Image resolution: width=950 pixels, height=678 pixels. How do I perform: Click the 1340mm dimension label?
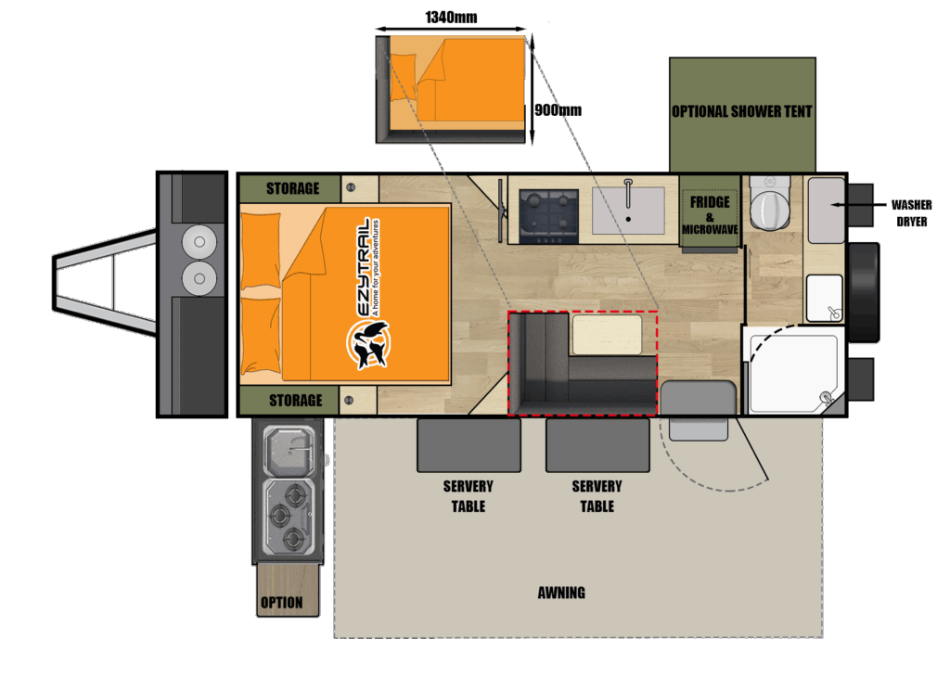tap(451, 17)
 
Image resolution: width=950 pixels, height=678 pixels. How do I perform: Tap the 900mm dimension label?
tap(558, 110)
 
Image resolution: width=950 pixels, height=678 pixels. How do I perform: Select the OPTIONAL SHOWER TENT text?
tap(741, 111)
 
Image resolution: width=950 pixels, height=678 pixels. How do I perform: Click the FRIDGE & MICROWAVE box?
tap(710, 211)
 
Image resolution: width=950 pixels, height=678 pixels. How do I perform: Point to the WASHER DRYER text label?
tap(911, 213)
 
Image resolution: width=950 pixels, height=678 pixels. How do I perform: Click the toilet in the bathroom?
tap(769, 203)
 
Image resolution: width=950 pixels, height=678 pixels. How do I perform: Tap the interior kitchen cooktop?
tap(549, 216)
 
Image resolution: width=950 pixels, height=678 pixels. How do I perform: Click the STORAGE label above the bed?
tap(292, 188)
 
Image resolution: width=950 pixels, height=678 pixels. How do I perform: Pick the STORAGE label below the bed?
tap(296, 401)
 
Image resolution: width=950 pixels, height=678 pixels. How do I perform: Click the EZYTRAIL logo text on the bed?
tap(363, 267)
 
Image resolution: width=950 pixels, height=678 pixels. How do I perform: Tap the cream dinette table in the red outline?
tap(607, 335)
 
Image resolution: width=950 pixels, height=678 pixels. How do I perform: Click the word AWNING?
tap(561, 593)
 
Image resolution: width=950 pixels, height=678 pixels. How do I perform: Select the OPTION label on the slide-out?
tap(282, 602)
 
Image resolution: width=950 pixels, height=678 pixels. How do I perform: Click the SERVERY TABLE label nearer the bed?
tap(469, 496)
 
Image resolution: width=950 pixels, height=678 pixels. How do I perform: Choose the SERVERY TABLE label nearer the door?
tap(597, 496)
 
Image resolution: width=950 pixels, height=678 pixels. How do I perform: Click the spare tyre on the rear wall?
tap(865, 293)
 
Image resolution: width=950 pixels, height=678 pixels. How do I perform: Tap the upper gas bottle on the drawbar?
tap(199, 242)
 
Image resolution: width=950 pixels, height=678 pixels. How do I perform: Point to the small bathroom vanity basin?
tap(825, 298)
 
